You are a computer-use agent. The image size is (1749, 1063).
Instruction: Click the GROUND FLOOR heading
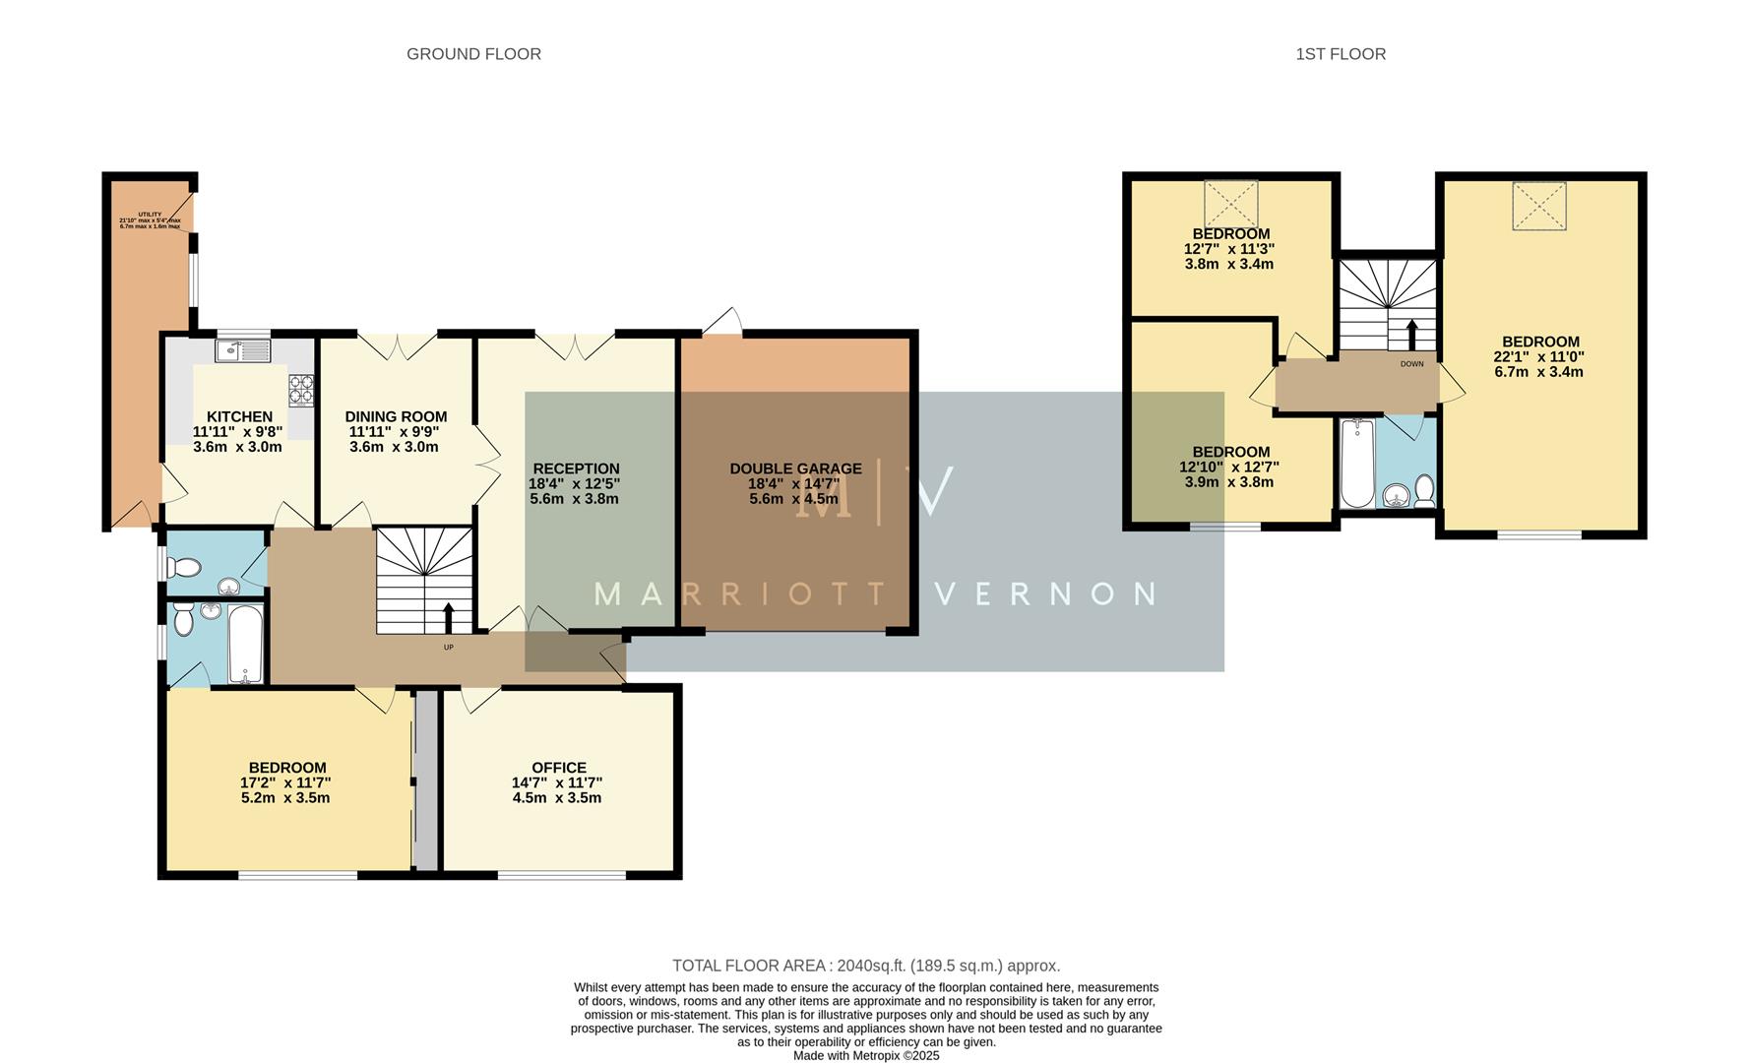(473, 54)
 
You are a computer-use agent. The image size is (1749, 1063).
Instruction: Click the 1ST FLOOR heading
(1340, 54)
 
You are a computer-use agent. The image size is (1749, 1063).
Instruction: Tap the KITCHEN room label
(239, 417)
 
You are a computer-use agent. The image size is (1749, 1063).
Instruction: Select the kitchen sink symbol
(242, 349)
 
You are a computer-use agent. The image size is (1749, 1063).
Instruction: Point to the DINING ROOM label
(396, 417)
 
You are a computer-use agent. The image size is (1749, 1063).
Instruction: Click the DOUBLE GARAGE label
(795, 469)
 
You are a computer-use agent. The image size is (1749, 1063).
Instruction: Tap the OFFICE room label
(558, 768)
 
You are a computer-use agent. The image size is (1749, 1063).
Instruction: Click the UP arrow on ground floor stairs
(449, 618)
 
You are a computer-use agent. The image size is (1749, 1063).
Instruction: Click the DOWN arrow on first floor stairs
(1412, 335)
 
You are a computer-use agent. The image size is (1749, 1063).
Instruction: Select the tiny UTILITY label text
(150, 215)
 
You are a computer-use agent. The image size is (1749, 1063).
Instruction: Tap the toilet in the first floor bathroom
(1424, 489)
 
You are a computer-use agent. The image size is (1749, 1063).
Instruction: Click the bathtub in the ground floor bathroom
(245, 644)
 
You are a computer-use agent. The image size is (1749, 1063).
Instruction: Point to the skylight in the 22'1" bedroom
(1539, 206)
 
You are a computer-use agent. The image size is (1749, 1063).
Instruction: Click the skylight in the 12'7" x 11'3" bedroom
(1231, 204)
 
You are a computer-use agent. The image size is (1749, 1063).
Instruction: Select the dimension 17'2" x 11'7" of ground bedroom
(285, 783)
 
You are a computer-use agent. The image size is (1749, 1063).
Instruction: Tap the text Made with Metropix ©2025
(866, 1055)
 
